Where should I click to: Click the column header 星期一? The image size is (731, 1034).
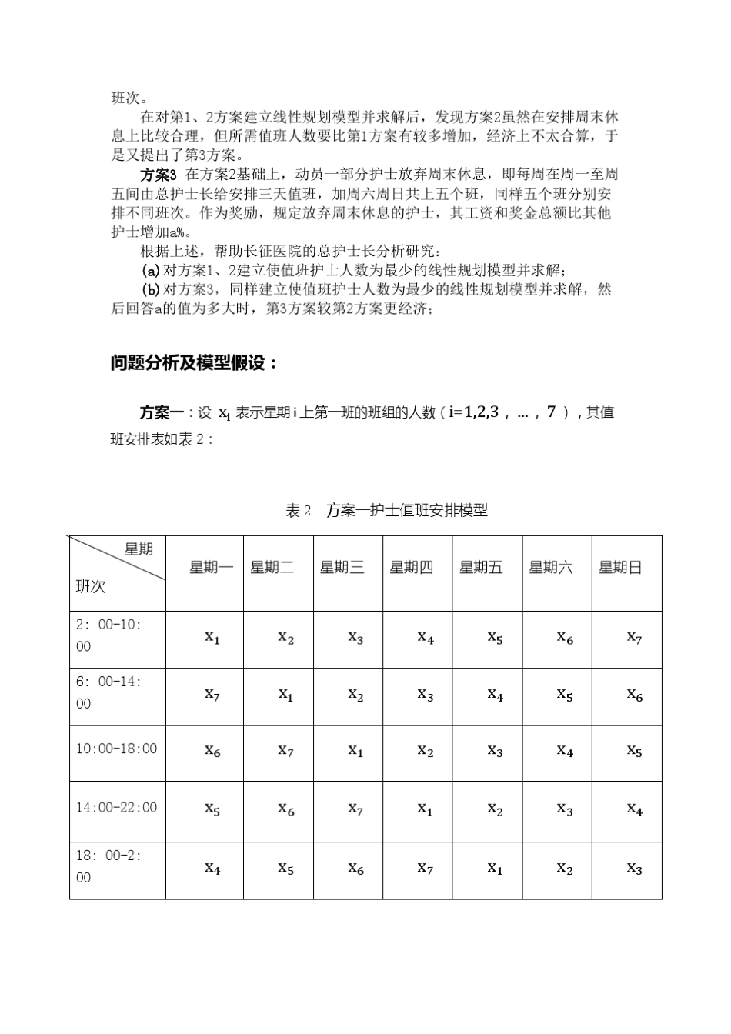coord(211,568)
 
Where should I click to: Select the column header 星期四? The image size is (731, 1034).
coord(411,568)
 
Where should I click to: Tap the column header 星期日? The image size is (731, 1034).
coord(619,568)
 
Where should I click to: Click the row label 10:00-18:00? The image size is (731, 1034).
coord(116,749)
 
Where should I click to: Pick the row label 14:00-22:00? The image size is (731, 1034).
coord(116,807)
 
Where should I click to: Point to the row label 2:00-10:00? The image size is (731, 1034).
coord(108,635)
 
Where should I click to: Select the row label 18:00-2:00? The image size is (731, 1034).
coord(108,866)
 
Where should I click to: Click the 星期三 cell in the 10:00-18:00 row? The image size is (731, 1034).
coord(355,750)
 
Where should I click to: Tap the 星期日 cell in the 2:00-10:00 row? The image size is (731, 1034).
coord(633,637)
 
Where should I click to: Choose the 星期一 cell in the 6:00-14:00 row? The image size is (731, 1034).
coord(212,694)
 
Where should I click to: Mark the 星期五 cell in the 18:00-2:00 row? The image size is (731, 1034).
coord(495,868)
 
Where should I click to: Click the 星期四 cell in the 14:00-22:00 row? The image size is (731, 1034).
coord(425,809)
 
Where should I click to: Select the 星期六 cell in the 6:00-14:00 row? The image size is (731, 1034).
coord(565,694)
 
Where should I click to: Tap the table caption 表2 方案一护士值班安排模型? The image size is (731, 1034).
coord(386,510)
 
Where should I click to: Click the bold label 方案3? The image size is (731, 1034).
coord(159,175)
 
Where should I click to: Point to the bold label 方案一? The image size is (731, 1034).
coord(161,412)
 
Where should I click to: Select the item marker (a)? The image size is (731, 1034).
coord(151,271)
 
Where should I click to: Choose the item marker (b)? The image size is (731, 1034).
coord(151,290)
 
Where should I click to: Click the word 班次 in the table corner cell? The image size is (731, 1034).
coord(91,587)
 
